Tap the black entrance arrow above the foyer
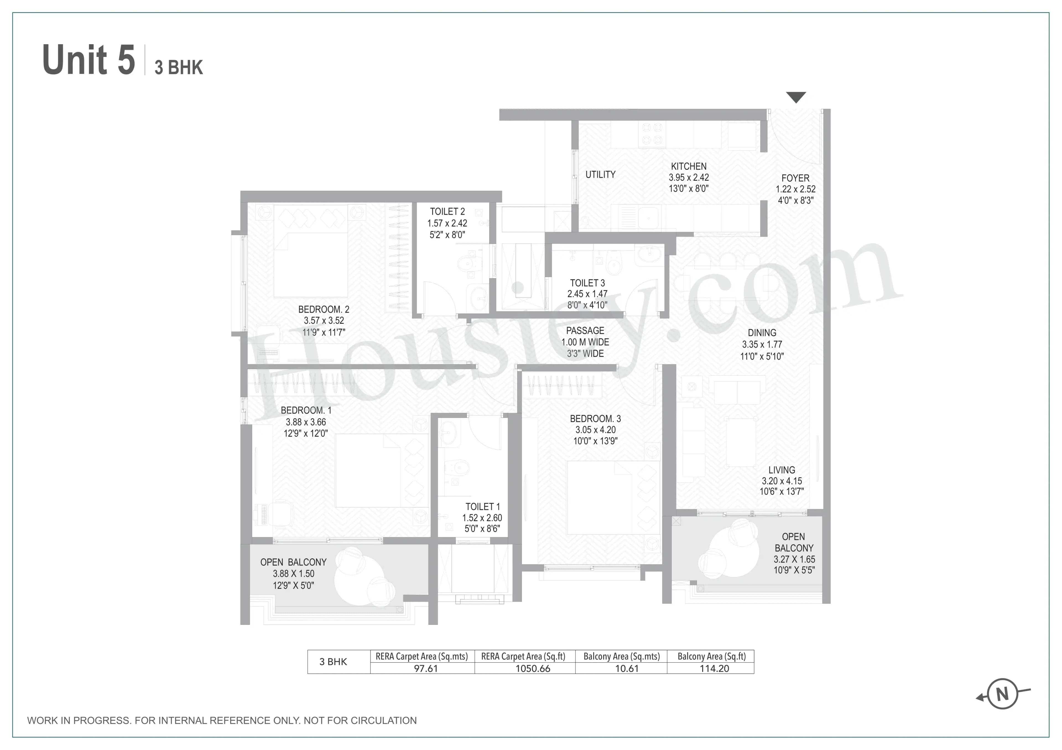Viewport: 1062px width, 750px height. (x=796, y=97)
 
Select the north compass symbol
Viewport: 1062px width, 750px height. (x=1002, y=694)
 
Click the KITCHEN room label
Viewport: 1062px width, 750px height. (x=688, y=166)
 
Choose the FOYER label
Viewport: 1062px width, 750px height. (x=795, y=178)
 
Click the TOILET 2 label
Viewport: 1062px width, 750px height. (x=447, y=212)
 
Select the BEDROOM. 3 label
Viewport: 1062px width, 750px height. (x=595, y=419)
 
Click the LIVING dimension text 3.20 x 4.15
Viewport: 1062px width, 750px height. (x=781, y=481)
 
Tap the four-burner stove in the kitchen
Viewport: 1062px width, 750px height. (x=652, y=134)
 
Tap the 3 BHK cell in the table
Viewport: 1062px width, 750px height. (x=333, y=662)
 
